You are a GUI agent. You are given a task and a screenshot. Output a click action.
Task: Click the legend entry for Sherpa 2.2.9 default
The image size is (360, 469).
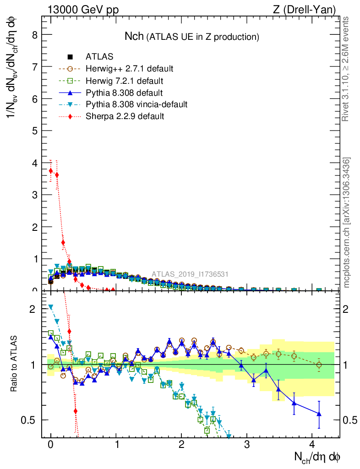pyautogui.click(x=125, y=116)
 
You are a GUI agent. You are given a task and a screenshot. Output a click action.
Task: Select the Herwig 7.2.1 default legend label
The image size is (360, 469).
pyautogui.click(x=124, y=81)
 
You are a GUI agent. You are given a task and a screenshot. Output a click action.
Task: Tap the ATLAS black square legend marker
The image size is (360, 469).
pyautogui.click(x=70, y=57)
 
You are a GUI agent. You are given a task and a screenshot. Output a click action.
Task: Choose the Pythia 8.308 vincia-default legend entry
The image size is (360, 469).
pyautogui.click(x=136, y=104)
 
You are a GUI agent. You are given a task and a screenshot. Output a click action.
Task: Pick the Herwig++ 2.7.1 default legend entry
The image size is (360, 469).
pyautogui.click(x=129, y=69)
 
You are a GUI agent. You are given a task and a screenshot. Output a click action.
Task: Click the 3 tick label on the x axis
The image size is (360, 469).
pyautogui.click(x=247, y=445)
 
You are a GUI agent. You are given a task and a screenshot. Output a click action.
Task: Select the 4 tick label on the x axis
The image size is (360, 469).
pyautogui.click(x=312, y=445)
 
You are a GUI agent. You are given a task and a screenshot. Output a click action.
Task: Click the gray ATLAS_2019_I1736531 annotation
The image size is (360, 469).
pyautogui.click(x=190, y=274)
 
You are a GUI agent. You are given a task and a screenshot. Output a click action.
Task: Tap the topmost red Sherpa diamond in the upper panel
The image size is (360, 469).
pyautogui.click(x=51, y=170)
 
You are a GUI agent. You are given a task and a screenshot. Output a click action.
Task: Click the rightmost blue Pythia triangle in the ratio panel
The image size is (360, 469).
pyautogui.click(x=319, y=414)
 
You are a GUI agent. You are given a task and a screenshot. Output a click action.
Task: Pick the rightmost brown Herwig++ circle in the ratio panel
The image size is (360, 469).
pyautogui.click(x=319, y=365)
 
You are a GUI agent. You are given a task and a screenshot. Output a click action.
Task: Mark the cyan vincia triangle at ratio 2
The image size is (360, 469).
pyautogui.click(x=51, y=307)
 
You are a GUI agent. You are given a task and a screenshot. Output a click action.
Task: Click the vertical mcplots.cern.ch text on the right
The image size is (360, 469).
pyautogui.click(x=347, y=222)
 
